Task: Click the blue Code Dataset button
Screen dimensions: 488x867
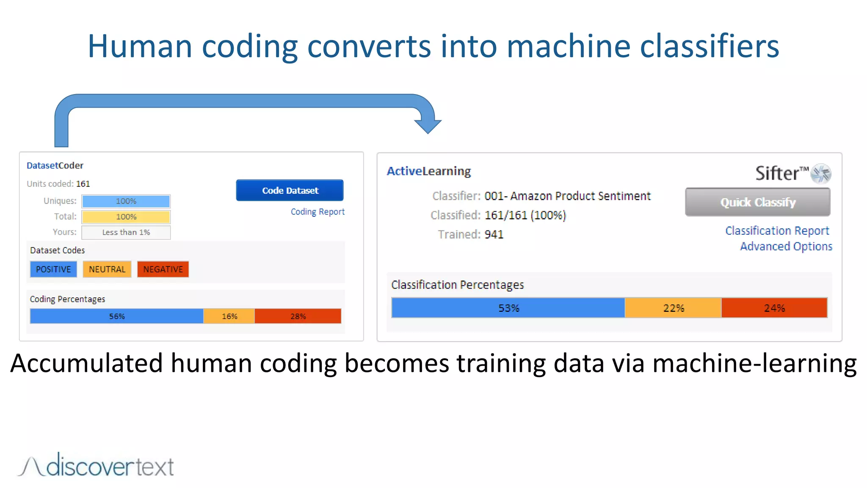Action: [x=290, y=190]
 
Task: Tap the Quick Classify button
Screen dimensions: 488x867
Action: [x=757, y=202]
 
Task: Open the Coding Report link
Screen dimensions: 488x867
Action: [x=318, y=211]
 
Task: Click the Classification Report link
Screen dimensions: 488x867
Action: [x=777, y=230]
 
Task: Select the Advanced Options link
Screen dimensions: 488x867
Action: [x=786, y=246]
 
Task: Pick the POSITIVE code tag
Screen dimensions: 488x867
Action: [x=53, y=269]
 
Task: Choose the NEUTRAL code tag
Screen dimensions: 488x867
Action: [x=107, y=269]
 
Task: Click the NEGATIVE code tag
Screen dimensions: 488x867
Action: [x=163, y=269]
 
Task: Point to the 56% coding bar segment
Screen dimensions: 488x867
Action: [x=117, y=316]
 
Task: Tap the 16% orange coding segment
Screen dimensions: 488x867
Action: [x=229, y=316]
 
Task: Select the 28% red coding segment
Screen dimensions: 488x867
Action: [x=298, y=316]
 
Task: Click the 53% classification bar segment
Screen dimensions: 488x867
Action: [x=508, y=308]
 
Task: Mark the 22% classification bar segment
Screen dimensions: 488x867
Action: [x=673, y=308]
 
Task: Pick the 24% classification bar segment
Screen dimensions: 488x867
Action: [x=774, y=308]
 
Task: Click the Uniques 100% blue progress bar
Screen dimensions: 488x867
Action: [x=126, y=201]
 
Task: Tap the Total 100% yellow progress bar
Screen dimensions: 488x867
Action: [x=126, y=216]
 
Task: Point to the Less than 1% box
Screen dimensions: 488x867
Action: [x=126, y=232]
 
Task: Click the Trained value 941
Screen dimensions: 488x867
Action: [x=494, y=234]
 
